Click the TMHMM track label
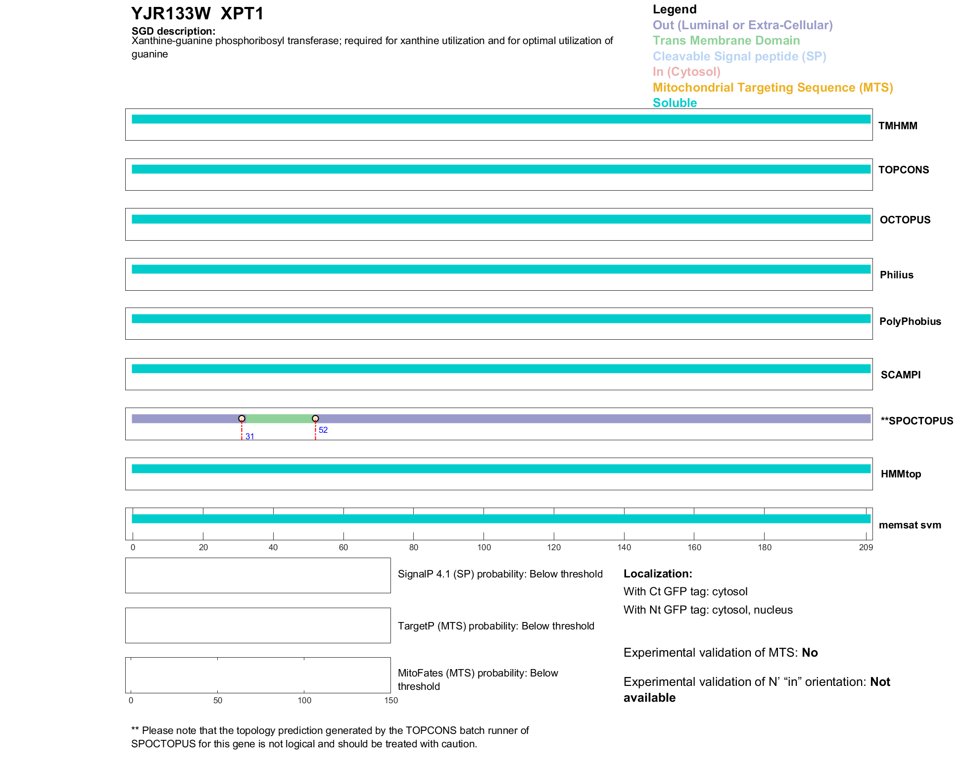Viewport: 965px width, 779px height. (897, 126)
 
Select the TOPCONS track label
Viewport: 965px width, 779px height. (903, 170)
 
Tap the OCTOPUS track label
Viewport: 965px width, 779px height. (905, 220)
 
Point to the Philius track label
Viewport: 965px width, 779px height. (896, 275)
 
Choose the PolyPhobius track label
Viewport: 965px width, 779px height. (910, 321)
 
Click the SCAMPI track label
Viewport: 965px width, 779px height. (900, 375)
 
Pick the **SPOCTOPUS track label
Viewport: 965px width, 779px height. (917, 421)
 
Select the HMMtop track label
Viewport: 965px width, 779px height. (901, 474)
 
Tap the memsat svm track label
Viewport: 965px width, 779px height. (910, 525)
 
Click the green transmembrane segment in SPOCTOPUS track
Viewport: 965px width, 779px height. (279, 419)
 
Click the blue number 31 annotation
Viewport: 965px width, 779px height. (250, 436)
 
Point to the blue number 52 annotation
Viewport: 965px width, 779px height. (323, 430)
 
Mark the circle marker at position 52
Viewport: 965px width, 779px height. (315, 418)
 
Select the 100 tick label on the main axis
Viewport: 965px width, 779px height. (484, 547)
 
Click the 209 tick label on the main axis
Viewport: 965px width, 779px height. (866, 547)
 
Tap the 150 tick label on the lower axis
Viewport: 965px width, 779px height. (391, 700)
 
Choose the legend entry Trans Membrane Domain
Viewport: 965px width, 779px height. (726, 41)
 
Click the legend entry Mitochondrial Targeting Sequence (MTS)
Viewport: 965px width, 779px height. (772, 88)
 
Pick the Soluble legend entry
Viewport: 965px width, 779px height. (675, 103)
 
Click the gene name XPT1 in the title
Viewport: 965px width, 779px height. (242, 14)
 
